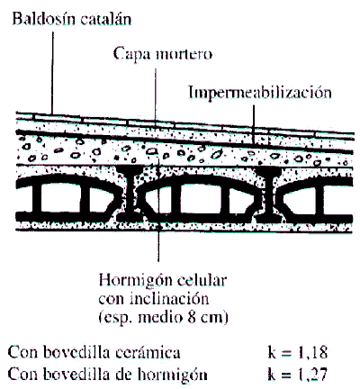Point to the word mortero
click(184, 54)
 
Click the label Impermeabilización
click(260, 92)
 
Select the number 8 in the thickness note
click(192, 317)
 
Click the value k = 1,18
click(297, 353)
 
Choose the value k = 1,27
click(297, 374)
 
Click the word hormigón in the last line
click(172, 375)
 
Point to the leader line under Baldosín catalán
click(52, 73)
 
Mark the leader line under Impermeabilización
click(254, 123)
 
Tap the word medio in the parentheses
click(160, 317)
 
